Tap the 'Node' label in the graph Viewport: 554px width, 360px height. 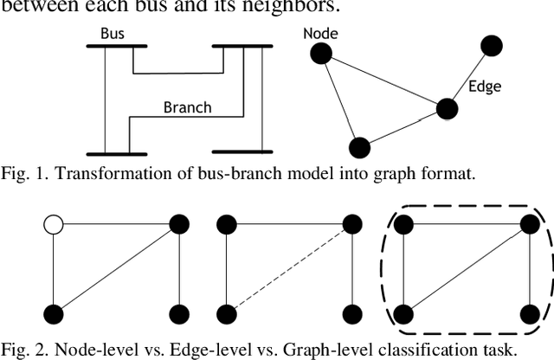321,34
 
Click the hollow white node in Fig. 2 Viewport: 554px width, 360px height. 54,227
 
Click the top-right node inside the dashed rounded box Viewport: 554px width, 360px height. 528,226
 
